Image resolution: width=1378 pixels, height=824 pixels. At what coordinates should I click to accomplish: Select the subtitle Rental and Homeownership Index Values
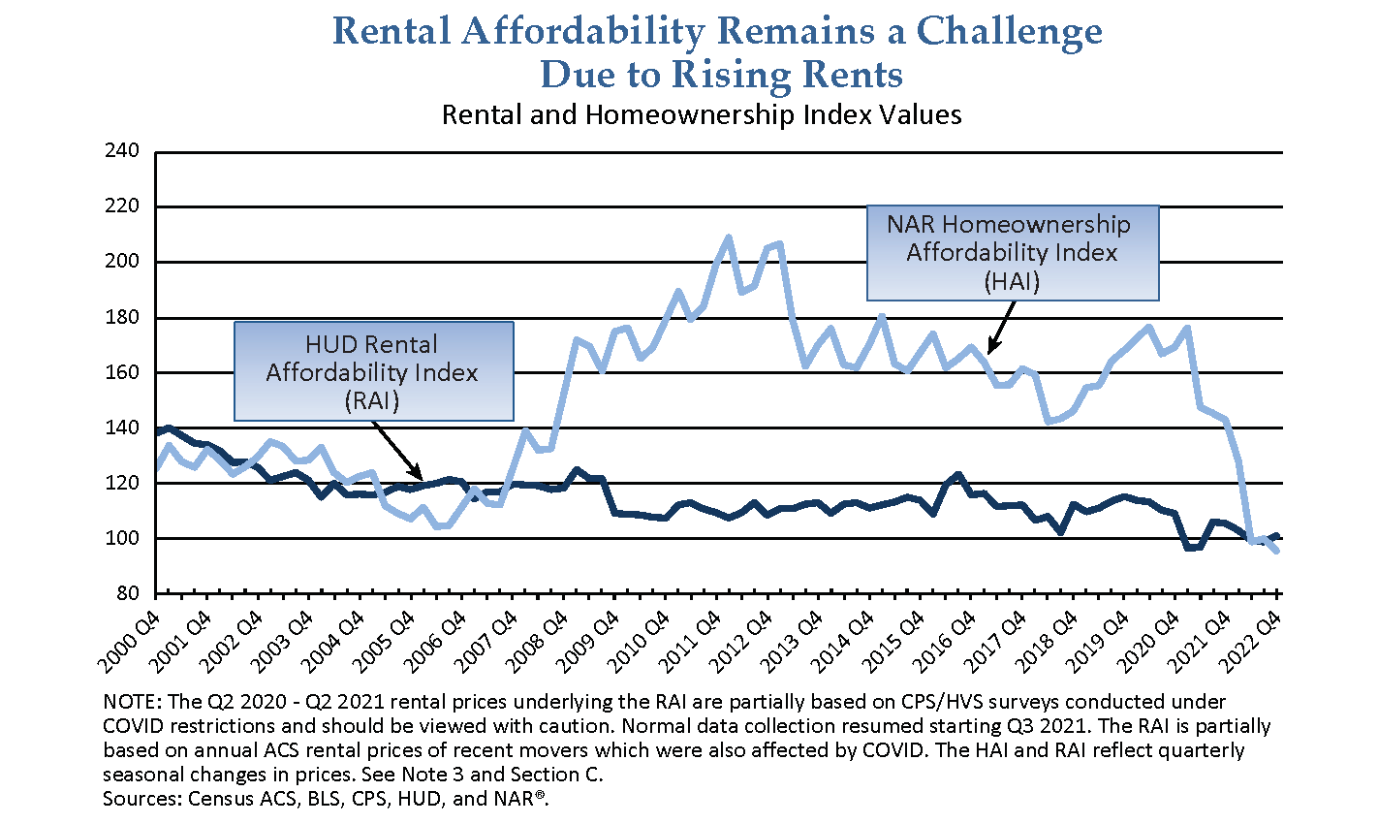point(702,114)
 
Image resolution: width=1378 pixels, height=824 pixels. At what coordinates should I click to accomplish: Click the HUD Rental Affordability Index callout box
point(373,372)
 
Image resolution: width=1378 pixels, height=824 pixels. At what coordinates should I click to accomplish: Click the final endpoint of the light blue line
point(1277,551)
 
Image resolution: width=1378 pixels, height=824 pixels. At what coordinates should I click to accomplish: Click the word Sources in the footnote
point(137,800)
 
